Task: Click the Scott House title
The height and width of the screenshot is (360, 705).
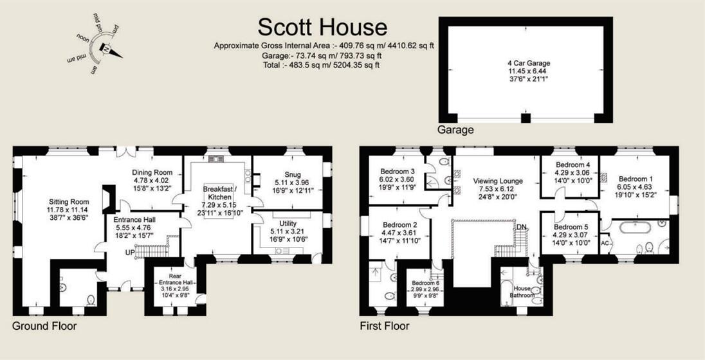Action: coord(322,27)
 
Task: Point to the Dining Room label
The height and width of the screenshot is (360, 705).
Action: coord(152,172)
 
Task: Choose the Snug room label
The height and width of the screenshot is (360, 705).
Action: coord(292,174)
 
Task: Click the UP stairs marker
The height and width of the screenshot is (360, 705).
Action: coord(129,253)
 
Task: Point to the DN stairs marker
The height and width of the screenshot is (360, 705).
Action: coord(521,227)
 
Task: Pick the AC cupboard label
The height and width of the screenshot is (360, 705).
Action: coord(605,244)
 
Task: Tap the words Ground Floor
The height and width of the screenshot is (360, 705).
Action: coord(44,326)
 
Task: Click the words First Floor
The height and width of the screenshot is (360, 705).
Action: coord(384,326)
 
